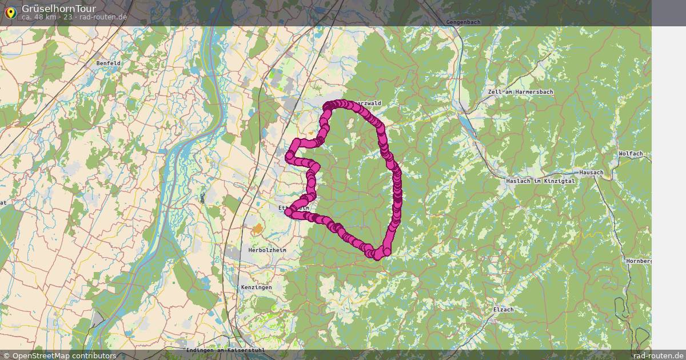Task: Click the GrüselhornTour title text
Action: click(x=59, y=9)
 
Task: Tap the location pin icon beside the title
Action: click(x=10, y=12)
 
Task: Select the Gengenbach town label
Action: click(x=463, y=22)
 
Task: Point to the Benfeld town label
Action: click(x=108, y=63)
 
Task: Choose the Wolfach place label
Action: click(x=631, y=154)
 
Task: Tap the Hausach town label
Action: click(x=591, y=172)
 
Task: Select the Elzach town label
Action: click(x=503, y=310)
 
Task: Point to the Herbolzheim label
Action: click(x=266, y=251)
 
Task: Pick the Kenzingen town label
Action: click(x=257, y=287)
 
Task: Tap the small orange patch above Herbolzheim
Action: click(x=257, y=229)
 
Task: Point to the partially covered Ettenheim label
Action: click(x=284, y=207)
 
